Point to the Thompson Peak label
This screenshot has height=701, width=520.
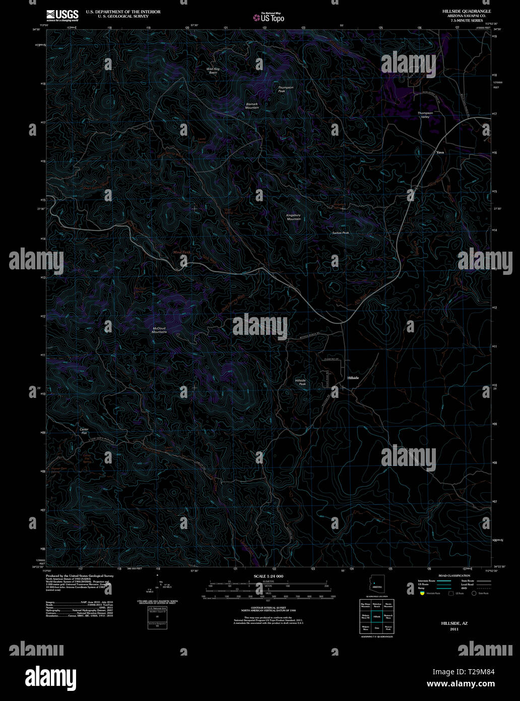point(286,89)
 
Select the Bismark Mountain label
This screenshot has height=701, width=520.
point(252,106)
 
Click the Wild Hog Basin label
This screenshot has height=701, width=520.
point(213,71)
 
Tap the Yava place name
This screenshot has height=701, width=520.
point(440,152)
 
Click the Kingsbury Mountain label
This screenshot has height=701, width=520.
point(294,217)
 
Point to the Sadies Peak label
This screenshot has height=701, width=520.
point(341,233)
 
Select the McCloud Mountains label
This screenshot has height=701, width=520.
point(159,330)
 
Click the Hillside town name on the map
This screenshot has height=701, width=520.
point(353,378)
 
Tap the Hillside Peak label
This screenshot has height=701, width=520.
point(300,382)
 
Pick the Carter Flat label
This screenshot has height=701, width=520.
point(84,431)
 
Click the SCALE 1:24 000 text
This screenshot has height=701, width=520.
point(269,576)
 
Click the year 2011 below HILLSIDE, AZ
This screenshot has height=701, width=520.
point(454,629)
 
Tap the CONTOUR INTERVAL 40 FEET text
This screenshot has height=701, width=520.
point(268,606)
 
